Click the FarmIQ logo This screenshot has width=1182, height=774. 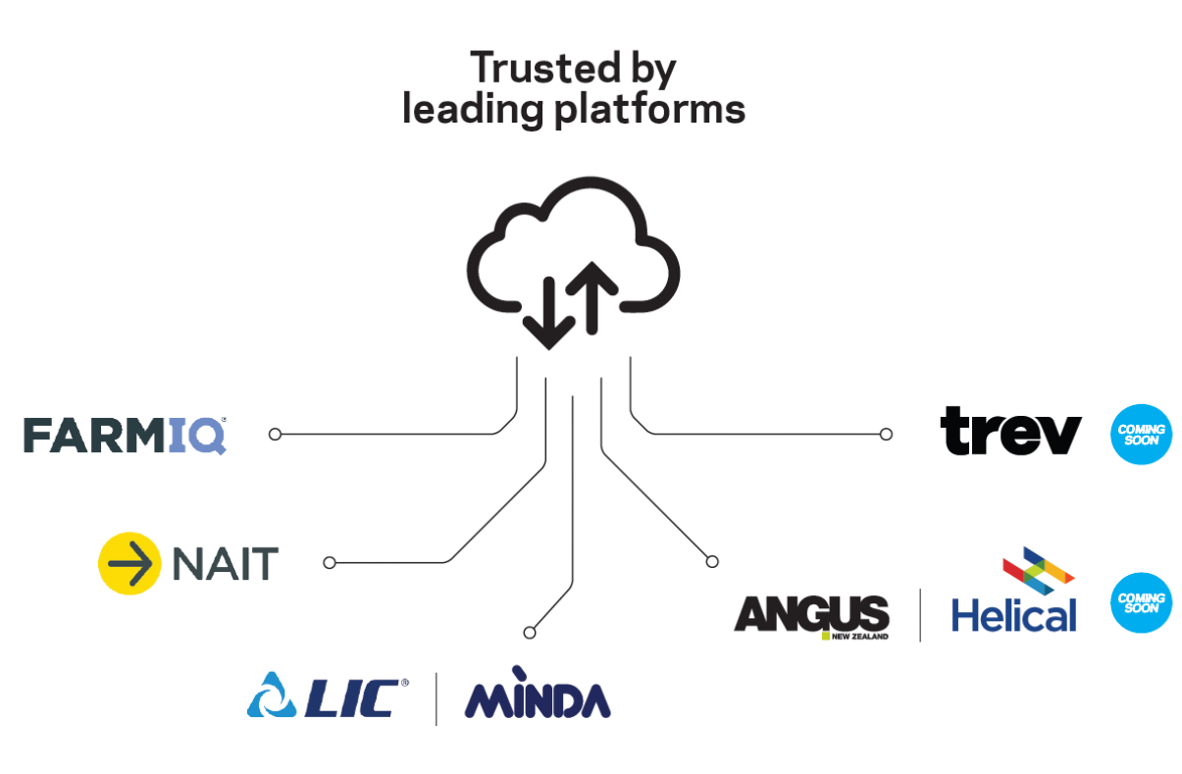(125, 435)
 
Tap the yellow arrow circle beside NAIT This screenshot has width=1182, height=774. (128, 563)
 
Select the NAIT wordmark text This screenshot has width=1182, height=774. (225, 564)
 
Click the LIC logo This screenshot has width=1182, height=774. (328, 697)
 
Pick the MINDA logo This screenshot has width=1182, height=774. (537, 697)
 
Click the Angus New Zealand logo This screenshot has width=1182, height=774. (811, 616)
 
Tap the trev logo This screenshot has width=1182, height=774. (1010, 433)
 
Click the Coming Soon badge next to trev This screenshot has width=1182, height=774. (1141, 434)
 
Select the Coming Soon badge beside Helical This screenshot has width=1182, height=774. (1141, 602)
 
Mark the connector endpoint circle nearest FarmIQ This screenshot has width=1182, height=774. (275, 434)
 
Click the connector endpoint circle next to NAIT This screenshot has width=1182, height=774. (330, 562)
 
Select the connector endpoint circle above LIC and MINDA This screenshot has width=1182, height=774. (530, 631)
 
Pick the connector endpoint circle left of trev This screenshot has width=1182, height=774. (886, 434)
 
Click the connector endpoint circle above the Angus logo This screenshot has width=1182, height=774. (712, 561)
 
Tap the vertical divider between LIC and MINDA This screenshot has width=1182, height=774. (437, 697)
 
